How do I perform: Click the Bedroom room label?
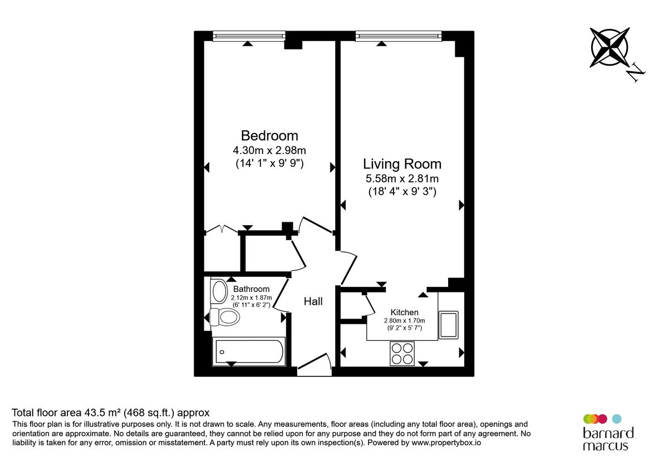269,135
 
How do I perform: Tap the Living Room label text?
402,164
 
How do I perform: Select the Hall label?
313,302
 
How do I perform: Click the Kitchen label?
404,312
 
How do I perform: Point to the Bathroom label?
251,289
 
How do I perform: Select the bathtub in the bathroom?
250,351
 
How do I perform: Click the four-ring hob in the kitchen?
402,352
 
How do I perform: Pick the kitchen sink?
449,325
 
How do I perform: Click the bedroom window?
249,36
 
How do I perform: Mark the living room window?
399,36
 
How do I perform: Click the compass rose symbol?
610,47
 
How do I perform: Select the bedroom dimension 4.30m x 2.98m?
269,150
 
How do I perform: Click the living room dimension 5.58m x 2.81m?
402,179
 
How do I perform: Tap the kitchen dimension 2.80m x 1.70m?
404,321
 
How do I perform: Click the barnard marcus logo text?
608,439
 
